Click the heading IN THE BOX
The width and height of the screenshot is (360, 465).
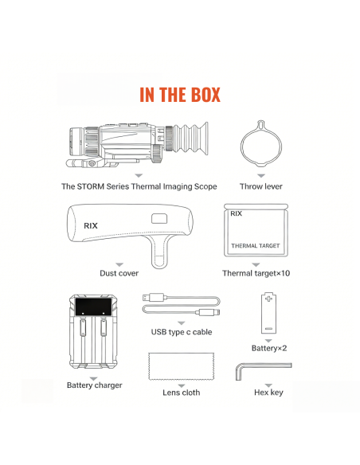click(180, 95)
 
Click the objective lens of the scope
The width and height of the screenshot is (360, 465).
click(76, 141)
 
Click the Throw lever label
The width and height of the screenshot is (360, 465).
click(261, 186)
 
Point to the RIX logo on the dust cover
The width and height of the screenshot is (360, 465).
click(91, 226)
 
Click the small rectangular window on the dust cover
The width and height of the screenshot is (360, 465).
click(159, 219)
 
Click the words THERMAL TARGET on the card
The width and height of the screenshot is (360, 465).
click(256, 246)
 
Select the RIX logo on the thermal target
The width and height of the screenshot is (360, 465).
click(237, 213)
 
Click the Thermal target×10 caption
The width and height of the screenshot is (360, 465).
click(256, 273)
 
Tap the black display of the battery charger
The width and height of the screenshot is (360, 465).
click(94, 307)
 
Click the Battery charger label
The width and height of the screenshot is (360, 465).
click(94, 385)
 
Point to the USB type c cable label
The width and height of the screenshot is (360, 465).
click(182, 332)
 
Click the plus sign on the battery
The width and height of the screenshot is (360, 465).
click(268, 299)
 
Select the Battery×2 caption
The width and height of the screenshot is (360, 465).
click(269, 348)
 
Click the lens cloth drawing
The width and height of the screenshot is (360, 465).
click(181, 366)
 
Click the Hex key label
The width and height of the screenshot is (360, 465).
click(268, 393)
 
